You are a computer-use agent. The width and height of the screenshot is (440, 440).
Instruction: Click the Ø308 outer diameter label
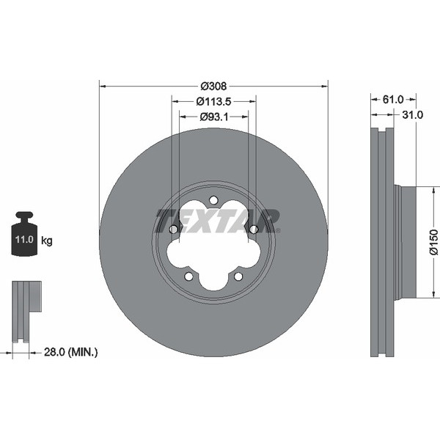213,84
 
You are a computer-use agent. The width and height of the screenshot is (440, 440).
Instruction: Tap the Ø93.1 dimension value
213,116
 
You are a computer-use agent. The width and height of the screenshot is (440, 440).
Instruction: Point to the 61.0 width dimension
393,98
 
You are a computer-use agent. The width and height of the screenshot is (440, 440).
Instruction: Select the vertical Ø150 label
433,242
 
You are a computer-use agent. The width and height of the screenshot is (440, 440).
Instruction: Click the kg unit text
47,241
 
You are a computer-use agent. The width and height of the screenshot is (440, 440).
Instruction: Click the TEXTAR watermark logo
218,220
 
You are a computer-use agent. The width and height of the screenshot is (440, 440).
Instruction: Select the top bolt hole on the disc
213,200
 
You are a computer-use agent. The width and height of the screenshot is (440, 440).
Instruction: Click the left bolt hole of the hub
174,230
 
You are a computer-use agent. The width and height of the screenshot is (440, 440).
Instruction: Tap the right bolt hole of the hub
253,230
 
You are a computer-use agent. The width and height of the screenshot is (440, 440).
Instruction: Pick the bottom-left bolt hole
188,276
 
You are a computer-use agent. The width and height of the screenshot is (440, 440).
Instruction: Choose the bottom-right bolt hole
238,276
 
